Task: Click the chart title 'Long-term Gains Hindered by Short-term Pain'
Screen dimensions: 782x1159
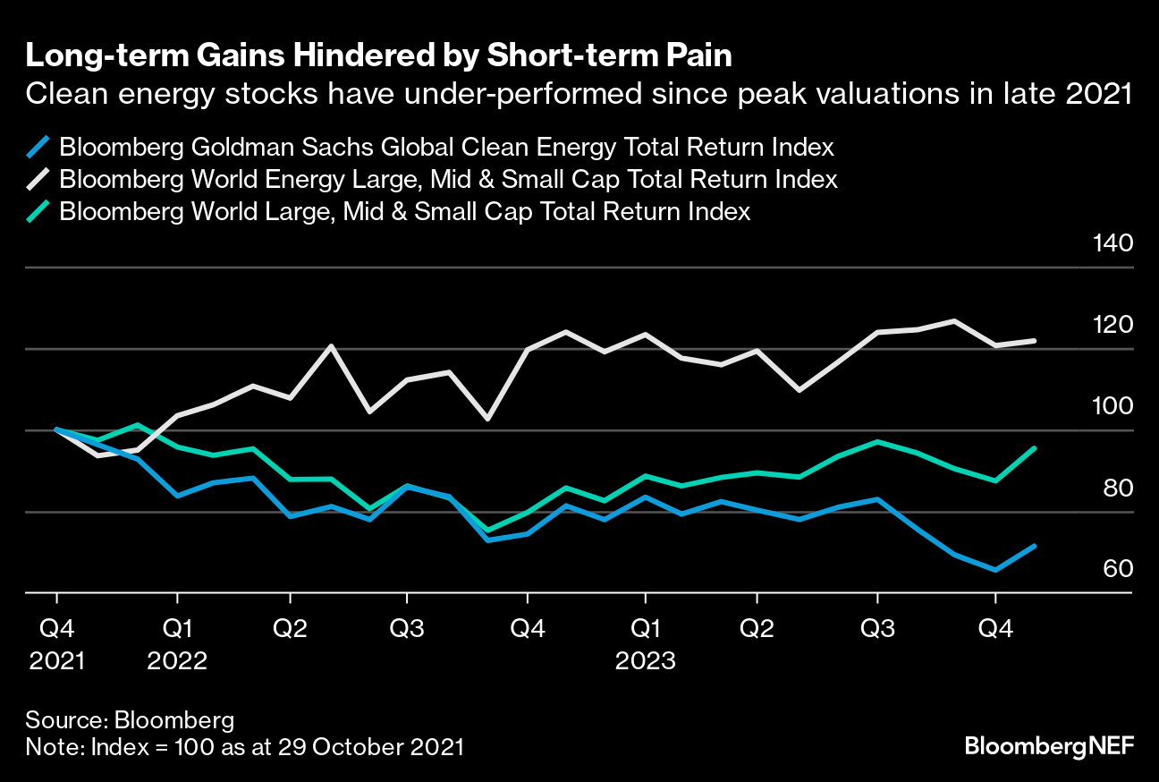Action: (378, 55)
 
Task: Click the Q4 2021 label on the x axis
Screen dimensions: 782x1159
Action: (57, 644)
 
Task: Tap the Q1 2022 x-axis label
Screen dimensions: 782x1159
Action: (177, 644)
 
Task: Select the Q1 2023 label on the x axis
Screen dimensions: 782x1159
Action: (645, 644)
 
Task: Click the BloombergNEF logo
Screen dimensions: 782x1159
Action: (1049, 746)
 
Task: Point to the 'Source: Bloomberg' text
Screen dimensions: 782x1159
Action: (131, 720)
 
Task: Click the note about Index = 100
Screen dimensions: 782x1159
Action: (244, 747)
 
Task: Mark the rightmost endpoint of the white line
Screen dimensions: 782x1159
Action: (1035, 341)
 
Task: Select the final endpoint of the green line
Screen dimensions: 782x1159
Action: (1035, 448)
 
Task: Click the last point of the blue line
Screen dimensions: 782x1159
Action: (1035, 546)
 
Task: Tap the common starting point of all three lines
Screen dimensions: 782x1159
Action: (57, 429)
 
